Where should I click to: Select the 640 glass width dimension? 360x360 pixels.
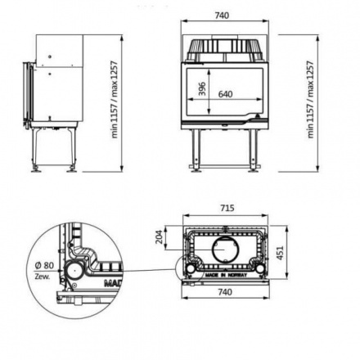[225, 93]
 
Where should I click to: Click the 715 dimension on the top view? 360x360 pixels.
[225, 208]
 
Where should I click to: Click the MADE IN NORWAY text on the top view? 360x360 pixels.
[226, 277]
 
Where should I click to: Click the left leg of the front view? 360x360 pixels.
[197, 151]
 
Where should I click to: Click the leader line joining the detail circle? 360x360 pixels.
[147, 268]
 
